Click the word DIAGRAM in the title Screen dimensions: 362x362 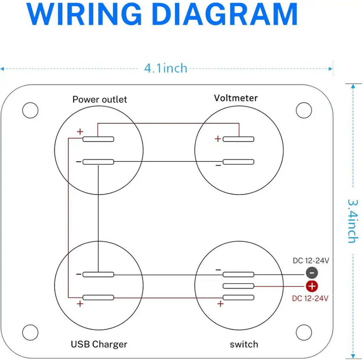[x=225, y=15]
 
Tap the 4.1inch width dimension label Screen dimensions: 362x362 [x=166, y=68]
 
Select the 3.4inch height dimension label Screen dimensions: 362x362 [x=353, y=221]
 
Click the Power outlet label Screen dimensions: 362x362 [x=100, y=100]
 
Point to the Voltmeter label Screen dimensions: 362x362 [x=236, y=98]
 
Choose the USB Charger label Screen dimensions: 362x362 [x=99, y=344]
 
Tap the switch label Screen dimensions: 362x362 [x=244, y=344]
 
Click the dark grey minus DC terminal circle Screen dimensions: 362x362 [x=312, y=273]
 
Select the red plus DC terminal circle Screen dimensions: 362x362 [x=312, y=286]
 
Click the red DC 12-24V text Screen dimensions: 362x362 [x=310, y=298]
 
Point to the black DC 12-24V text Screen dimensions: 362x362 [x=311, y=260]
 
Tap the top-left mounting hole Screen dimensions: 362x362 [x=30, y=110]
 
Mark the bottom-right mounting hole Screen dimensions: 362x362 [x=304, y=332]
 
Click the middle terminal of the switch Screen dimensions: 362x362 [x=238, y=286]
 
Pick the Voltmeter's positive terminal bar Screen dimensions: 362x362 [x=238, y=139]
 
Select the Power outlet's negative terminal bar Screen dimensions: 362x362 [x=98, y=162]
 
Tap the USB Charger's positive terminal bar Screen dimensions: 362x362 [x=98, y=298]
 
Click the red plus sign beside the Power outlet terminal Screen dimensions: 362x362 [x=80, y=132]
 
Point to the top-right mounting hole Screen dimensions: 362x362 [x=304, y=110]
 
